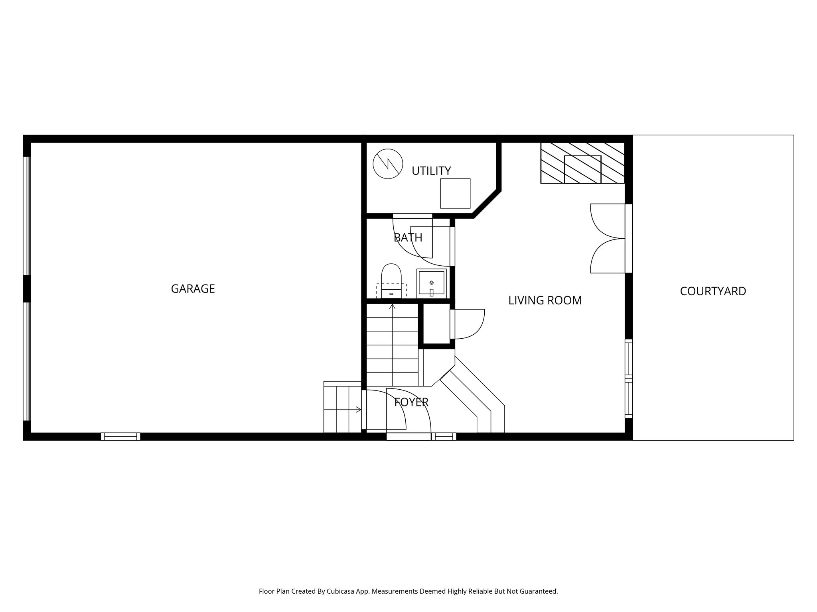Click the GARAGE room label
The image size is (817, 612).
click(193, 288)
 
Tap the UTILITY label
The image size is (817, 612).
click(431, 171)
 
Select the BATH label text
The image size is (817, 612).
click(408, 238)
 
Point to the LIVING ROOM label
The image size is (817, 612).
click(545, 300)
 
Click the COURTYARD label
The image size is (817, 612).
click(713, 291)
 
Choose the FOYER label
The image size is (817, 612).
click(411, 402)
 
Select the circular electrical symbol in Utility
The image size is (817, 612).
click(387, 164)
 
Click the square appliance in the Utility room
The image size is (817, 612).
click(455, 193)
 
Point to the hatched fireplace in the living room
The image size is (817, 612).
click(582, 163)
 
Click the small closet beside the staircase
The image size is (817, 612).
click(436, 324)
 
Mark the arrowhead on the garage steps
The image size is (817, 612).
click(359, 409)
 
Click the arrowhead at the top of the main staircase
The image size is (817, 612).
click(393, 307)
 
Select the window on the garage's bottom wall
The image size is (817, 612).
click(120, 436)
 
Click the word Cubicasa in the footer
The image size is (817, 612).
click(341, 591)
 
